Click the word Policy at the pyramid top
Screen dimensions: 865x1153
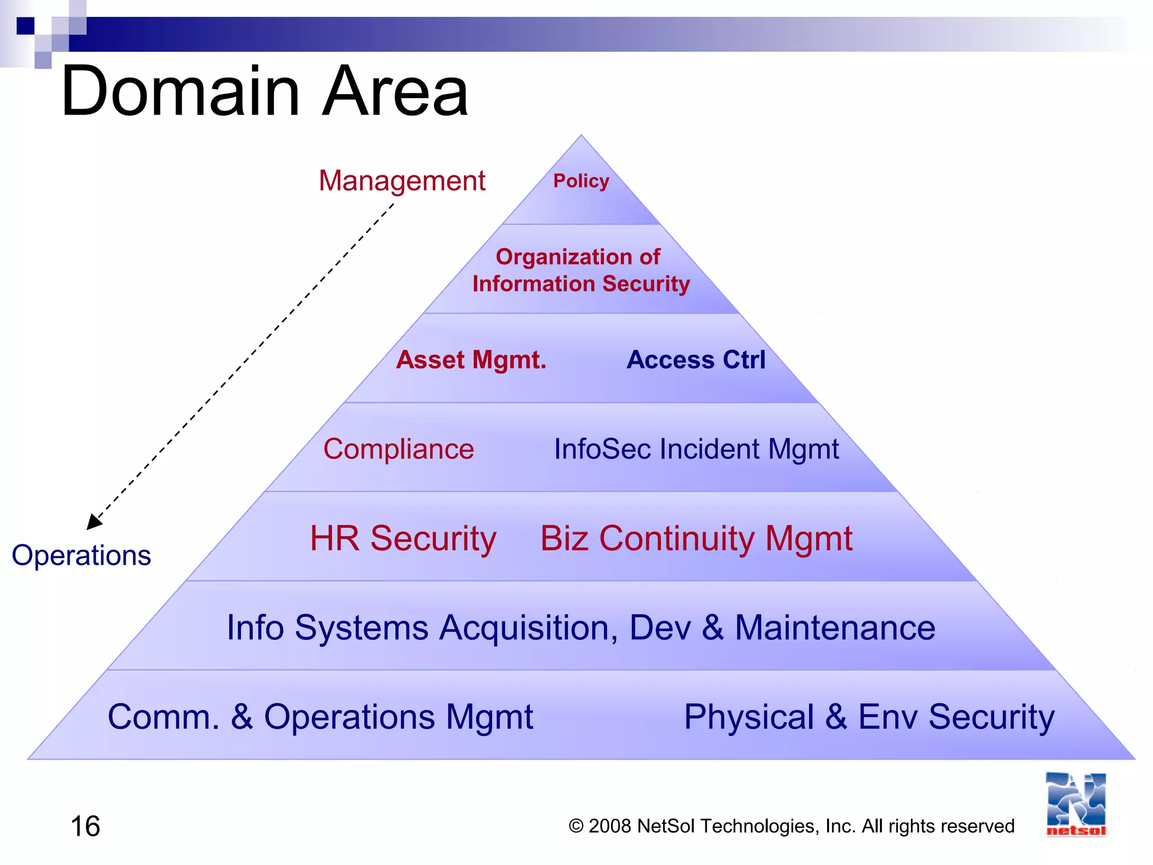pyautogui.click(x=581, y=181)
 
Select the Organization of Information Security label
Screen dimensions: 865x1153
pyautogui.click(x=580, y=270)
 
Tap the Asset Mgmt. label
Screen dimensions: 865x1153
pyautogui.click(x=471, y=360)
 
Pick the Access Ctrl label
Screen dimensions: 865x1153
pyautogui.click(x=696, y=360)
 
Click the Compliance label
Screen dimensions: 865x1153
pyautogui.click(x=399, y=449)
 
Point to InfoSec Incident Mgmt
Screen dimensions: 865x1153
pyautogui.click(x=696, y=449)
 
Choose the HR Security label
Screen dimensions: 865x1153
pyautogui.click(x=403, y=538)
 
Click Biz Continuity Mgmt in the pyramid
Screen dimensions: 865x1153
pyautogui.click(x=696, y=538)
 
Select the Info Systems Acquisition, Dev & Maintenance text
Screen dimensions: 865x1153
pyautogui.click(x=580, y=627)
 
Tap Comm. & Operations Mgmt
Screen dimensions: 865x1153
pyautogui.click(x=320, y=717)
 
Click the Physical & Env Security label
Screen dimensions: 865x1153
pyautogui.click(x=869, y=717)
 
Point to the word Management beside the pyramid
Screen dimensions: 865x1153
pyautogui.click(x=402, y=181)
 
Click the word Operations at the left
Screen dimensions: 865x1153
pyautogui.click(x=82, y=555)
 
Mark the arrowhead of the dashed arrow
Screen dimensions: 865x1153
pyautogui.click(x=93, y=522)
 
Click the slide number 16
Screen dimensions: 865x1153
pyautogui.click(x=85, y=826)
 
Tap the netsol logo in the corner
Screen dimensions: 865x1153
pyautogui.click(x=1076, y=804)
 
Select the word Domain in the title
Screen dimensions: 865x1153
pyautogui.click(x=180, y=91)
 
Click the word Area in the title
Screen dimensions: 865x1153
pyautogui.click(x=395, y=91)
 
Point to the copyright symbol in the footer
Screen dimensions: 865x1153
pyautogui.click(x=576, y=826)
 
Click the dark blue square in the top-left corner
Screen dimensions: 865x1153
pyautogui.click(x=25, y=26)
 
